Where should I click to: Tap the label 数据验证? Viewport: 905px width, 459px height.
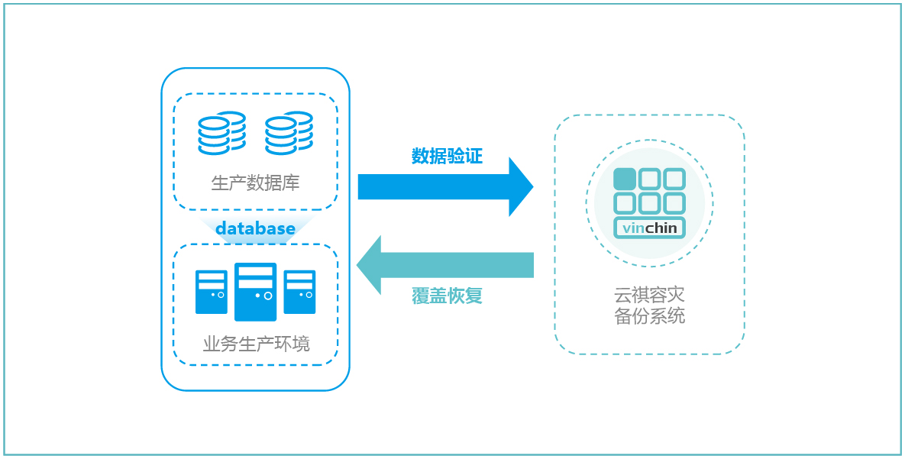[447, 156]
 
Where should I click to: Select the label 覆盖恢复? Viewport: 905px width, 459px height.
[447, 296]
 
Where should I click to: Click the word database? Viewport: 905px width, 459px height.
[255, 228]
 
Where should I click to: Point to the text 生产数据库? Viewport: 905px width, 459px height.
[255, 183]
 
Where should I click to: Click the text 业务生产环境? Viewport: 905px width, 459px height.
[256, 344]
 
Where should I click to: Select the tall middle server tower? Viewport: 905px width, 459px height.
[255, 292]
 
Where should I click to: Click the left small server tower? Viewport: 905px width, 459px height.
[212, 292]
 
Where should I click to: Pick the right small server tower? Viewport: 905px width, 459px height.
[299, 292]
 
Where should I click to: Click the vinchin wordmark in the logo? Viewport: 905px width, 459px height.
[649, 228]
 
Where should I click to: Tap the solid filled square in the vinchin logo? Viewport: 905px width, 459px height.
[625, 179]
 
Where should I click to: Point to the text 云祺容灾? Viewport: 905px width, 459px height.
[649, 295]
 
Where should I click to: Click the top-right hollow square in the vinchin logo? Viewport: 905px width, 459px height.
[674, 179]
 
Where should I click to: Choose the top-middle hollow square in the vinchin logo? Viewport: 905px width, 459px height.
[649, 179]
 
